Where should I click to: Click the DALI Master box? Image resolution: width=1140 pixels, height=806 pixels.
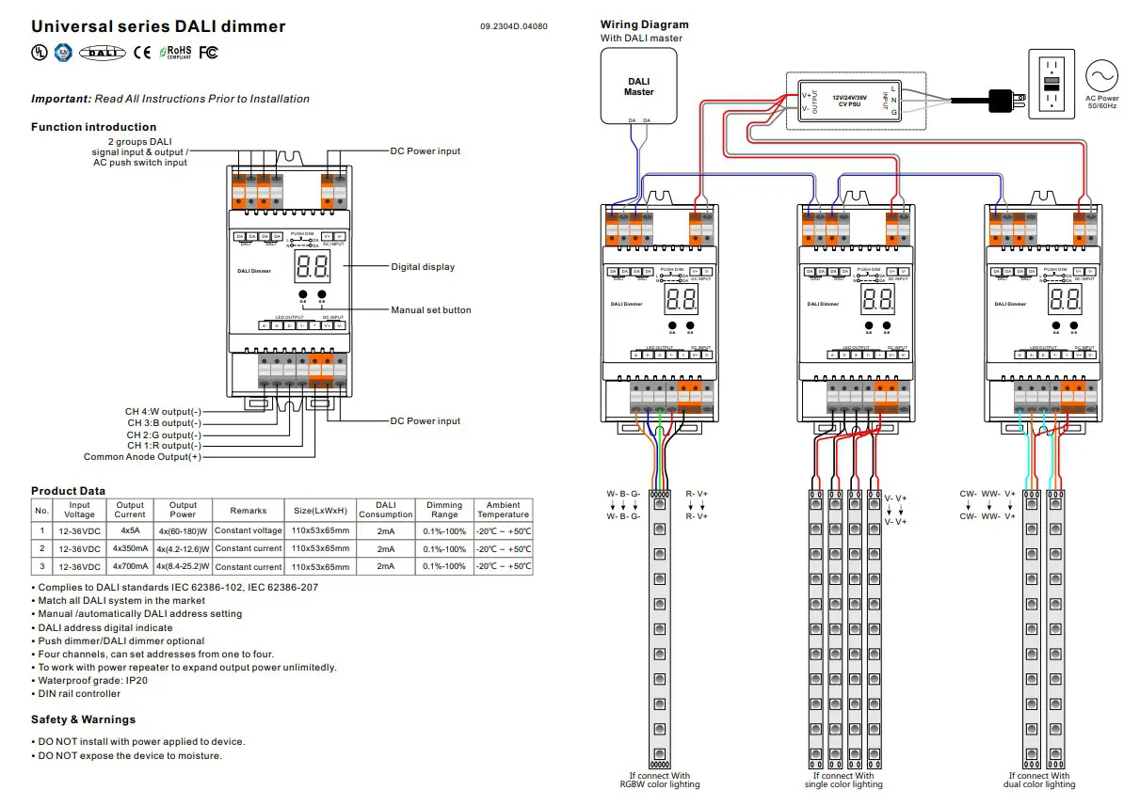pos(638,87)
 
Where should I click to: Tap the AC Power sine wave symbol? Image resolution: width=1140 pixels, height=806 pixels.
pos(1101,75)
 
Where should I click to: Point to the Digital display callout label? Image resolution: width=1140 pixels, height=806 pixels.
pos(423,267)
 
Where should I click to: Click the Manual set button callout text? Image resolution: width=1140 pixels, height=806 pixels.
pos(431,310)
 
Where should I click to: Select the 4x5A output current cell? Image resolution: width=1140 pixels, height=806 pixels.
pos(130,530)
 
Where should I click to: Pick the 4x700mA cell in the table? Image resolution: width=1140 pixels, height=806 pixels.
pos(130,566)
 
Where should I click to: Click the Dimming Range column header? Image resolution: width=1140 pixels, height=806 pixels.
pos(444,510)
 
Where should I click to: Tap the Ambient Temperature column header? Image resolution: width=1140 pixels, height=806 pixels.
pos(503,510)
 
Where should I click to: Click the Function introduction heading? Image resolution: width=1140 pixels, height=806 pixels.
pos(94,127)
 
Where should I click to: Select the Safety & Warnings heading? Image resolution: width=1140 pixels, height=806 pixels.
pos(83,719)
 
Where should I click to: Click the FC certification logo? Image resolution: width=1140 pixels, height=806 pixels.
pos(208,53)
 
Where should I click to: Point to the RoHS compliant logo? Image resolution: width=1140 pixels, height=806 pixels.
pos(179,53)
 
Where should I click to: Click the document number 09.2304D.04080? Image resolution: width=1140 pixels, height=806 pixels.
pos(513,26)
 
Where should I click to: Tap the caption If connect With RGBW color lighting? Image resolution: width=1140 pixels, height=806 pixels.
pos(660,780)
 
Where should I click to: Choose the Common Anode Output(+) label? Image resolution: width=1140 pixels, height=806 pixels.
pos(142,457)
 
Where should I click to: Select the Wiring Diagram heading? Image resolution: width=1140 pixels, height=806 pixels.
pos(644,24)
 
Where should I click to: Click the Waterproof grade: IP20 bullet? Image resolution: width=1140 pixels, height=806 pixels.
pos(80,680)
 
